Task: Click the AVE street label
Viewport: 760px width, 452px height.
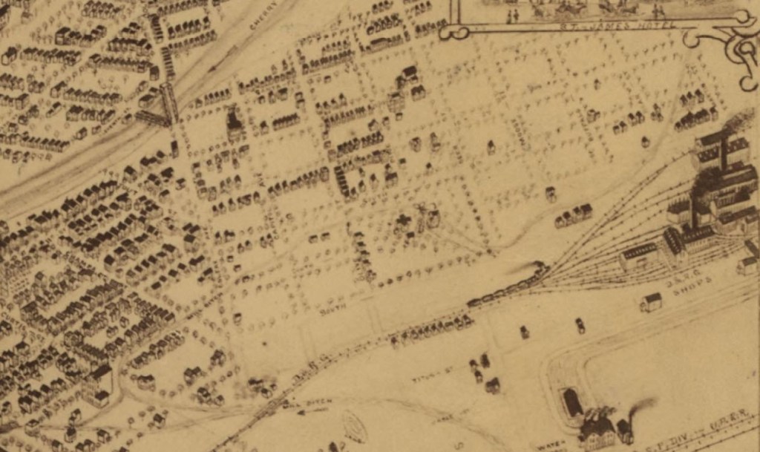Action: pyautogui.click(x=261, y=177)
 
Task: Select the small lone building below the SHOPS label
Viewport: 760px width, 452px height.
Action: pyautogui.click(x=651, y=302)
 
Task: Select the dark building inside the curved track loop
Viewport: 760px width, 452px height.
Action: pyautogui.click(x=572, y=402)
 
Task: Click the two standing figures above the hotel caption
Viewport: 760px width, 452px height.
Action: pyautogui.click(x=512, y=15)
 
